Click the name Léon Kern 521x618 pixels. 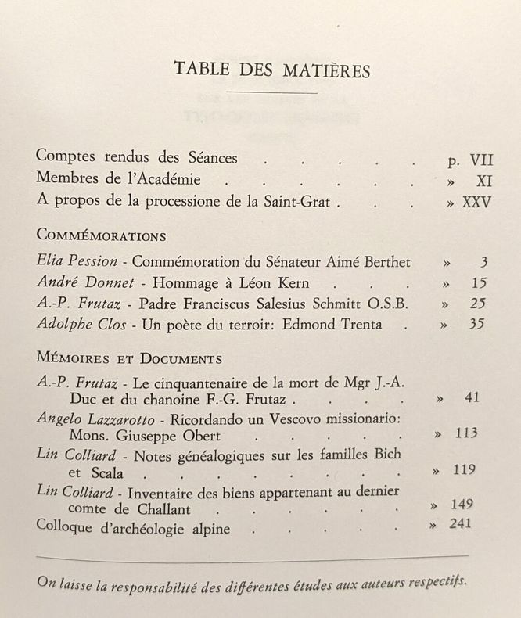pos(262,282)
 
